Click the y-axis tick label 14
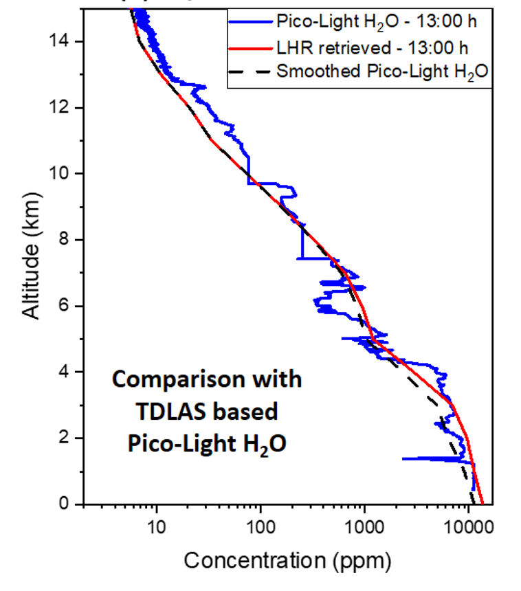tap(58, 41)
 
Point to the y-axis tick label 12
tap(58, 107)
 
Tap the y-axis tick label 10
tap(58, 173)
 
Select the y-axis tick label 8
tap(64, 239)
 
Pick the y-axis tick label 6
tap(64, 305)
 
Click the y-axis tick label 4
tap(64, 371)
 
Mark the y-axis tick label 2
tap(64, 438)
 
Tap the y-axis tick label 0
tap(64, 504)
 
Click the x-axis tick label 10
tap(156, 527)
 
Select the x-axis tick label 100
tap(260, 527)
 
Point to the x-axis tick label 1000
tap(364, 527)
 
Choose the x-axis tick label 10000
tap(469, 527)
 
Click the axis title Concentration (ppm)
tap(287, 561)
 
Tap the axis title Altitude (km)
tap(31, 256)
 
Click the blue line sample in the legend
tap(250, 22)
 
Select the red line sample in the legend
tap(250, 49)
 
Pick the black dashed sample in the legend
tap(250, 71)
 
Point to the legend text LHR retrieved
tap(333, 48)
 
